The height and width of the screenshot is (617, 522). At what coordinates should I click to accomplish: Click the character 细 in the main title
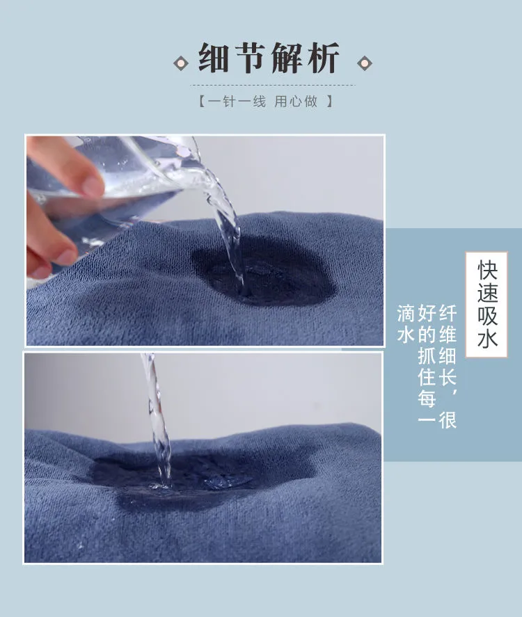tap(214, 58)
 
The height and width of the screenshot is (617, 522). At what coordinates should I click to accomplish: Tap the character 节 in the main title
tap(250, 58)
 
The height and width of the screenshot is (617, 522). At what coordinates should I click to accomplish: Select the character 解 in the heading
tap(286, 58)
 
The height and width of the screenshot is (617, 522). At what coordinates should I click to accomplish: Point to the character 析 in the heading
tap(323, 58)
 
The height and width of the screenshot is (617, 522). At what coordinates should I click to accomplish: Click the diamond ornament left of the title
tap(181, 63)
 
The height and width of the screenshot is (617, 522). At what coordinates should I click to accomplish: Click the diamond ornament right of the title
tap(364, 63)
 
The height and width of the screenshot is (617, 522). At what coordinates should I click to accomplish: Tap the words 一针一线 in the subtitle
tap(237, 102)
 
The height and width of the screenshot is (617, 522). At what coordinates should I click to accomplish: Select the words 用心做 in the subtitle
tap(296, 102)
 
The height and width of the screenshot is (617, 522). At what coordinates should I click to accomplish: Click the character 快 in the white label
tap(487, 269)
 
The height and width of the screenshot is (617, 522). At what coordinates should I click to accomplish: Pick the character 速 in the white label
tap(487, 292)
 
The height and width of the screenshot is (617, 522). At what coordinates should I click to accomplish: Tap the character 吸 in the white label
tap(487, 315)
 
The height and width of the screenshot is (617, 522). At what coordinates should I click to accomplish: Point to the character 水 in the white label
tap(487, 338)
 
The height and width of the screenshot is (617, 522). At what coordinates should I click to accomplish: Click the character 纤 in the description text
tap(448, 313)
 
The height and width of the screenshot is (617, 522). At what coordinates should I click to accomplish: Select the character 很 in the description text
tap(448, 420)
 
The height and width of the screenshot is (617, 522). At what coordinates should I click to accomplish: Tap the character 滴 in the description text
tap(406, 313)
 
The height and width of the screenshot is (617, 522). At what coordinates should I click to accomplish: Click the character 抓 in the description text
tap(427, 356)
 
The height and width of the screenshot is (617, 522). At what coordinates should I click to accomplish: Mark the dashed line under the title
tap(272, 85)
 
